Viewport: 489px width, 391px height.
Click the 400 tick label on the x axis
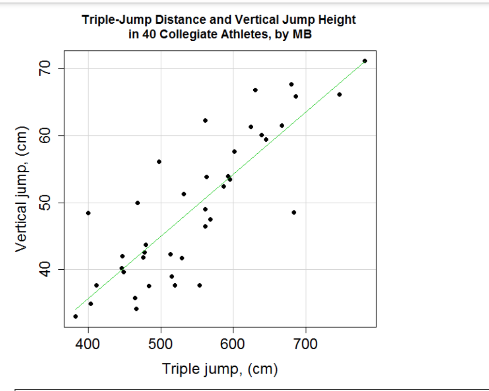click(x=88, y=345)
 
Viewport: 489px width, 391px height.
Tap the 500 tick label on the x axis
click(x=161, y=345)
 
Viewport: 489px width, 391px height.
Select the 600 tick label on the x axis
click(x=233, y=345)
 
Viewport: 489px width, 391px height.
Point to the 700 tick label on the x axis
click(x=306, y=345)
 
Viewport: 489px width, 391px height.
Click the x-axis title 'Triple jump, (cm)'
click(x=220, y=369)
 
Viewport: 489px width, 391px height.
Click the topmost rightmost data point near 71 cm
click(x=365, y=61)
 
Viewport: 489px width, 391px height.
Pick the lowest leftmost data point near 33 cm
click(x=76, y=316)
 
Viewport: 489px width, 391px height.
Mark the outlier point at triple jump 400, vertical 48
click(x=88, y=213)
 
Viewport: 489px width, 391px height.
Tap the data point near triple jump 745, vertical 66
click(x=339, y=94)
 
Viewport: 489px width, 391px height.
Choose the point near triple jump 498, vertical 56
click(x=159, y=162)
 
